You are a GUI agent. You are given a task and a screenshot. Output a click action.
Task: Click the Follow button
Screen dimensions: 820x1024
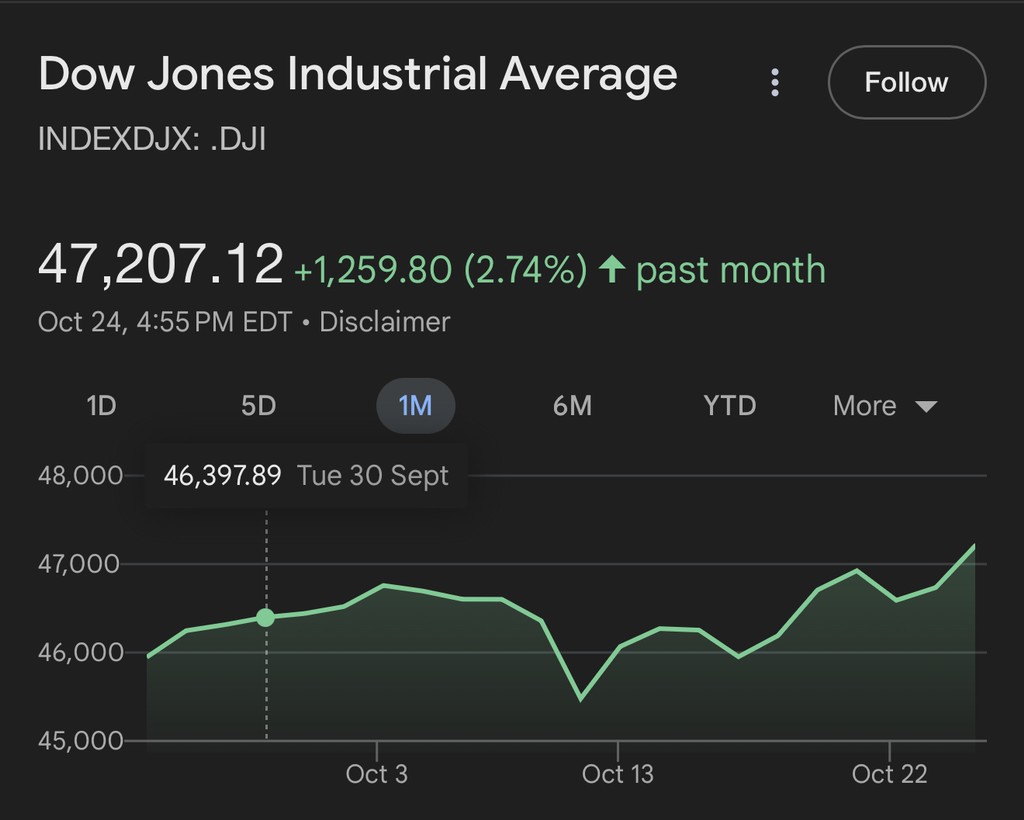click(906, 82)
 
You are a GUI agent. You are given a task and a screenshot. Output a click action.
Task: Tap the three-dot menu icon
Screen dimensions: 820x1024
click(775, 82)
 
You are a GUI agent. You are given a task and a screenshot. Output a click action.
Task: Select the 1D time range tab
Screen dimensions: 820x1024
click(101, 406)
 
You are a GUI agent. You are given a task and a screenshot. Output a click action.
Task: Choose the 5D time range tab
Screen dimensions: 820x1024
click(258, 406)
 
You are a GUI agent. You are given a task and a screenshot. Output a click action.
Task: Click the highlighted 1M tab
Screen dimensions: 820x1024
click(415, 406)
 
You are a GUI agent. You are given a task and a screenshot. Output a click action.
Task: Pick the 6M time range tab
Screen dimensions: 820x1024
click(572, 406)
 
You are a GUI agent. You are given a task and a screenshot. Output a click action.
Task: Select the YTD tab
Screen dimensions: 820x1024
click(729, 406)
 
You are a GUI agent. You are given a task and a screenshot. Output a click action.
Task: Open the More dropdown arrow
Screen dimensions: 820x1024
click(926, 407)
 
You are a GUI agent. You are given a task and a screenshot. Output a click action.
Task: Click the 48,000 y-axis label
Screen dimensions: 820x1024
click(80, 475)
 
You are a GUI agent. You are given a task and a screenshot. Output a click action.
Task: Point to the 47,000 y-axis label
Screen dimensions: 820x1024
click(80, 564)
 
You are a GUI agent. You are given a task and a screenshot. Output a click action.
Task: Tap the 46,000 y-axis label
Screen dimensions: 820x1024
click(80, 652)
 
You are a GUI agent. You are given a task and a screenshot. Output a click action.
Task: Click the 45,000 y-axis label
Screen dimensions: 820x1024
click(80, 741)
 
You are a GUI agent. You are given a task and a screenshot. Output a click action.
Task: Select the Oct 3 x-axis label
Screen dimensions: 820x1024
click(377, 774)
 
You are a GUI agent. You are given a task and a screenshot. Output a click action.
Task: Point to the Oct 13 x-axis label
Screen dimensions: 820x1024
click(617, 774)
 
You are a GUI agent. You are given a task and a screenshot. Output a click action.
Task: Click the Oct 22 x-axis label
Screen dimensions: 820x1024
click(889, 774)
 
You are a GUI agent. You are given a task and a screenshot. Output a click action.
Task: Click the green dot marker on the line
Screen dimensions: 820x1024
click(265, 618)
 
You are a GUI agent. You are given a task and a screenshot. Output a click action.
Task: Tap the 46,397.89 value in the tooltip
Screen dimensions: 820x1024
click(222, 475)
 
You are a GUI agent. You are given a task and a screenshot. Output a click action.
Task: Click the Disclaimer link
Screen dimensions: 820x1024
click(385, 322)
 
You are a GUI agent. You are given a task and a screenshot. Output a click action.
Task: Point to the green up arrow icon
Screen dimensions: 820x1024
click(612, 269)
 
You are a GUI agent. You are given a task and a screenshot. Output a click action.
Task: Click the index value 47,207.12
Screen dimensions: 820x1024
click(160, 265)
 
